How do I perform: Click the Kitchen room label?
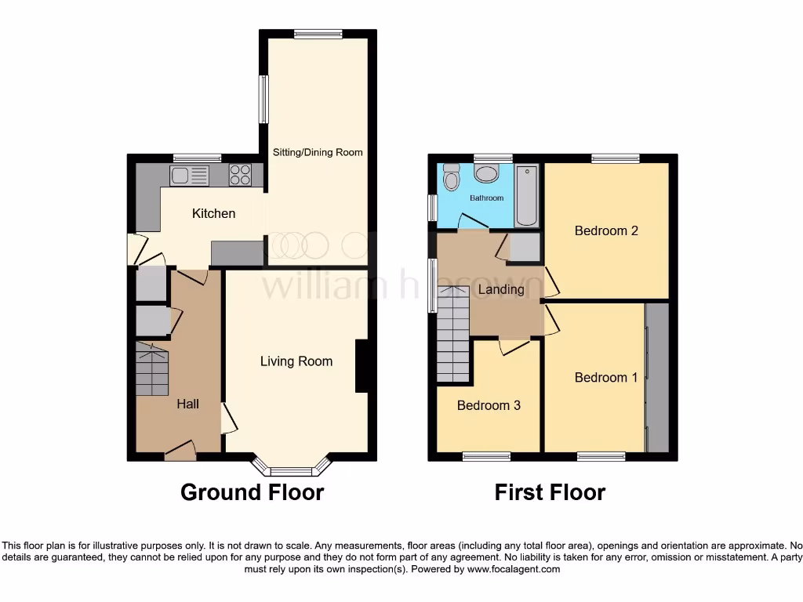coord(213,213)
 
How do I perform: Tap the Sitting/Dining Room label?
coord(317,152)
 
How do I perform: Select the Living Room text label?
coord(296,361)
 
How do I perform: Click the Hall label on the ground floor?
coord(187,404)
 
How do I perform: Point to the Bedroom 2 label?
coord(606,230)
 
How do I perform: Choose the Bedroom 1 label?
coord(606,378)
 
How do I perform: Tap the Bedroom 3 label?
coord(489,405)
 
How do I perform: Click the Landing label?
coord(501,289)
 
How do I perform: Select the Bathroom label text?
coord(486,198)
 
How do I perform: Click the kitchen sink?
coord(189,176)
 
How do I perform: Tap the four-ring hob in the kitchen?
coord(240,176)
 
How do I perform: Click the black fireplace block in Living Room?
coord(362,365)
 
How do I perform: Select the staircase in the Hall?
coord(152,370)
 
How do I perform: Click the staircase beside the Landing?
coord(453,335)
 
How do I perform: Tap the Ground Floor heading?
coord(252,492)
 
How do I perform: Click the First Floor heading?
coord(550,492)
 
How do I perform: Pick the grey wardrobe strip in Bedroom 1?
coord(657,378)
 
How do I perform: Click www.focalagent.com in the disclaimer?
coord(514,570)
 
